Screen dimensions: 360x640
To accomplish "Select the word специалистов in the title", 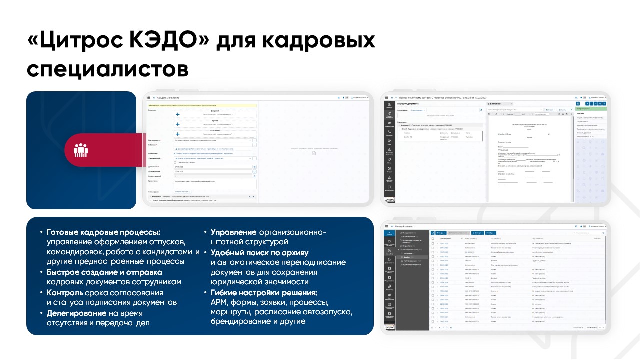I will tap(108, 69).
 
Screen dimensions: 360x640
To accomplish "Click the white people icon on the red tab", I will tap(81, 150).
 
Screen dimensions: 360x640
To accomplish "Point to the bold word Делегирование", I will tap(76, 313).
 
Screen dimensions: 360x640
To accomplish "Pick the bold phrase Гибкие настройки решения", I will tap(264, 293).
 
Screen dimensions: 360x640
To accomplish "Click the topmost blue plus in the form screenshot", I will tap(178, 114).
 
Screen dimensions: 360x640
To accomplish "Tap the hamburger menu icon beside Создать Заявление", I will tap(148, 97).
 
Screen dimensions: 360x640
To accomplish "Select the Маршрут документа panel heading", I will tap(408, 103).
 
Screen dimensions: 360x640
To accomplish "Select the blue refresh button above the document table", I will tap(432, 233).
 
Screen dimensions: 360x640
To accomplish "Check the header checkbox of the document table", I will tap(432, 239).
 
